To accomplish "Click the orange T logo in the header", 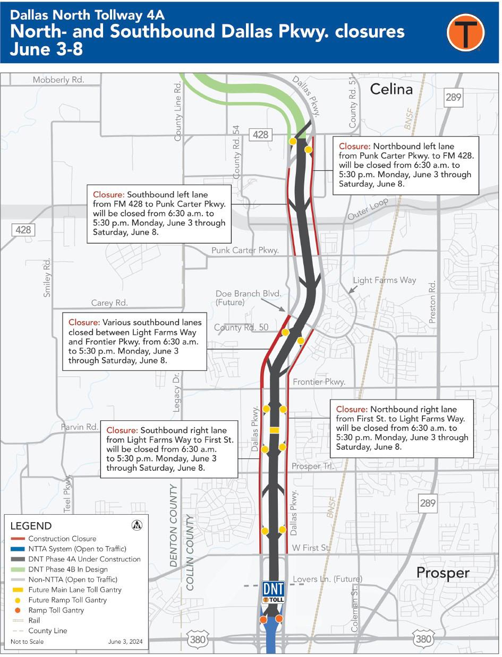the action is pyautogui.click(x=465, y=32).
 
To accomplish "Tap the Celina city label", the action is pyautogui.click(x=391, y=89).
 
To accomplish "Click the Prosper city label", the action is pyautogui.click(x=443, y=573).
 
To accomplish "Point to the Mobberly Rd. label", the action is pyautogui.click(x=58, y=80).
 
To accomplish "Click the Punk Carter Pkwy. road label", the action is pyautogui.click(x=245, y=250).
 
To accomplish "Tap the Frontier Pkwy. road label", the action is pyautogui.click(x=319, y=382).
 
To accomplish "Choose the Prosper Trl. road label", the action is pyautogui.click(x=313, y=466).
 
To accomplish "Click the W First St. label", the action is pyautogui.click(x=311, y=548).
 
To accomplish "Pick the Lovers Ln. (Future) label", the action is pyautogui.click(x=327, y=579).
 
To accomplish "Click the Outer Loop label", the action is pyautogui.click(x=368, y=210).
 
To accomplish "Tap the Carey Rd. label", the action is pyautogui.click(x=109, y=303).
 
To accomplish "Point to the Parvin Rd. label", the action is pyautogui.click(x=79, y=427).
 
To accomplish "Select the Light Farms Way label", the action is pyautogui.click(x=384, y=280).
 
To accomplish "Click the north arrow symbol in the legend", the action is pyautogui.click(x=137, y=525).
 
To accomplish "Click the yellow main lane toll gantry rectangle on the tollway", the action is pyautogui.click(x=274, y=429).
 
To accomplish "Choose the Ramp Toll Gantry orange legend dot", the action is pyautogui.click(x=18, y=610).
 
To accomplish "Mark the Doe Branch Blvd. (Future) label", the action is pyautogui.click(x=248, y=298).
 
